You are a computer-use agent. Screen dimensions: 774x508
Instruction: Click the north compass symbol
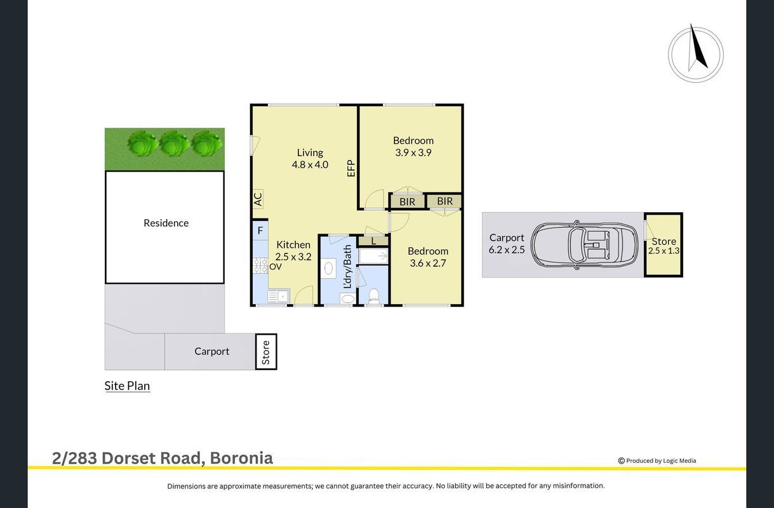coord(695,54)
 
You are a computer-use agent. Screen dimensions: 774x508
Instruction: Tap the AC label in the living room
coord(258,199)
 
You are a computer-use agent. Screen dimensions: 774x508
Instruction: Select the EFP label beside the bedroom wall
coord(350,168)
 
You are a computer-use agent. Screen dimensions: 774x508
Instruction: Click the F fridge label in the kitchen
coord(260,230)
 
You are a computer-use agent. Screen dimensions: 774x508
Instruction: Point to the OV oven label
coord(276,267)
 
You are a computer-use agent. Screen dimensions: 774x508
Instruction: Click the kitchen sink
coord(279,297)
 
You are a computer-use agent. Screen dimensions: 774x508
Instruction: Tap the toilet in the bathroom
coord(373,296)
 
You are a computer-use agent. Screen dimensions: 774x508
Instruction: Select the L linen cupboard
coord(373,241)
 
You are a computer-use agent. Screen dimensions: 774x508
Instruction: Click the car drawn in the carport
coord(584,244)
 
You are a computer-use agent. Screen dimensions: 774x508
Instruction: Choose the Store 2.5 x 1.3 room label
coord(664,246)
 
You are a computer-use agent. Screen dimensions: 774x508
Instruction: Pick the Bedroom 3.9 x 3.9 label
coord(413,147)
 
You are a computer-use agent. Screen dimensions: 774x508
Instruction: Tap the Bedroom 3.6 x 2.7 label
coord(428,257)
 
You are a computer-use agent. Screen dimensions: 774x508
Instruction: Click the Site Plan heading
coord(127,385)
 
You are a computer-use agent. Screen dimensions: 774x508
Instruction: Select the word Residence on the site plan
coord(166,224)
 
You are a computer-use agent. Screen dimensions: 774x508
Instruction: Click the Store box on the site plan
coord(266,352)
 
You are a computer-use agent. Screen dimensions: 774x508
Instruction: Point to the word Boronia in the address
coord(241,458)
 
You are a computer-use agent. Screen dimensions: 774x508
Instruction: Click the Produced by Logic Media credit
coord(657,460)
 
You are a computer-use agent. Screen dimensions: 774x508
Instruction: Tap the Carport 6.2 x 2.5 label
coord(507,244)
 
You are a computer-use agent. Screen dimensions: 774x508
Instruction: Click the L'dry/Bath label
coord(347,267)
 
